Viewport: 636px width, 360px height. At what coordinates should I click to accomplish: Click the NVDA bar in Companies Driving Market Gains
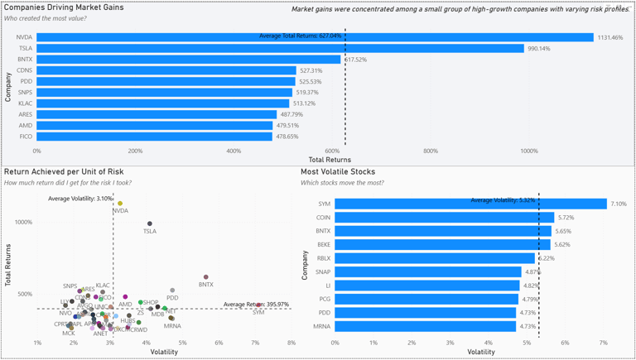click(315, 37)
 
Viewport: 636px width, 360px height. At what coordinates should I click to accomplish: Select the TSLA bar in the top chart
click(280, 49)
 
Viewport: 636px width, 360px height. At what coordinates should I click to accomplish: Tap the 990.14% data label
click(539, 49)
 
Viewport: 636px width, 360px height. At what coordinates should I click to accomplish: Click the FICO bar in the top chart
click(154, 137)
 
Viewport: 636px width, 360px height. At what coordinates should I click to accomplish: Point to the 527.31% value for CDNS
click(311, 71)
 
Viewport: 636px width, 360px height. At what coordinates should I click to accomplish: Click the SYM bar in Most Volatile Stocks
click(470, 204)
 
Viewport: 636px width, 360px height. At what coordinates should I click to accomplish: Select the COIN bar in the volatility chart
click(444, 218)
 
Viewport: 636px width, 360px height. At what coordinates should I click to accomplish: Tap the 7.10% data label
click(619, 204)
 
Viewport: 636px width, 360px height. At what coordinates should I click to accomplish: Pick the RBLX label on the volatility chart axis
click(323, 258)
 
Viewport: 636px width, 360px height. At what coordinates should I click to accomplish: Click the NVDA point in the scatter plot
click(120, 204)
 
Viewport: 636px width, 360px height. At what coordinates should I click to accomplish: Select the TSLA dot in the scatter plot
click(150, 223)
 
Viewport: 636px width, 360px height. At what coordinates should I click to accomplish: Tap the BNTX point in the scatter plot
click(206, 277)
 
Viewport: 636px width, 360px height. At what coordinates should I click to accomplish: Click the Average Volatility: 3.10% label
click(80, 199)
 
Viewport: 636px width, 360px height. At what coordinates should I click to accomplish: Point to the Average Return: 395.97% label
click(256, 305)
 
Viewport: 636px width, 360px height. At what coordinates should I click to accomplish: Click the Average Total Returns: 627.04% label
click(300, 36)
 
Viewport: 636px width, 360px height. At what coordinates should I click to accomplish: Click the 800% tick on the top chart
click(431, 151)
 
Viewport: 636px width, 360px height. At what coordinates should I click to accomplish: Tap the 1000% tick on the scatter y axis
click(22, 222)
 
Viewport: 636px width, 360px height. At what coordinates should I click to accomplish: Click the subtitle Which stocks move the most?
click(342, 183)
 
